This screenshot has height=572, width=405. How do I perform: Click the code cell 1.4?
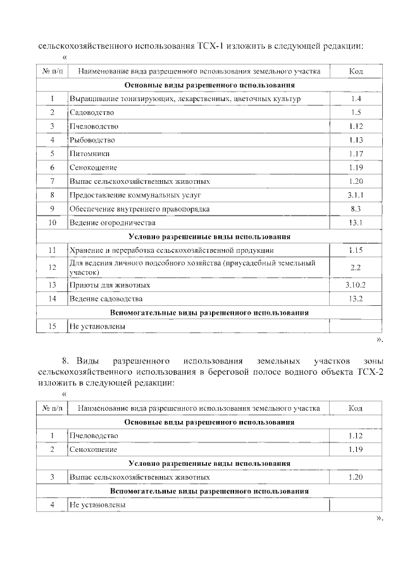tap(356, 99)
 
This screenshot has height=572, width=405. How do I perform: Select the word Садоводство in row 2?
tap(92, 113)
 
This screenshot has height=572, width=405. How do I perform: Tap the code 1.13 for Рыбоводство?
tap(356, 140)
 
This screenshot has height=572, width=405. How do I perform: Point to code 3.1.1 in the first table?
tap(356, 195)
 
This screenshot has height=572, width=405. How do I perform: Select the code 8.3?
tap(356, 209)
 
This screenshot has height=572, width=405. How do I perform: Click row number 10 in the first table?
tap(53, 222)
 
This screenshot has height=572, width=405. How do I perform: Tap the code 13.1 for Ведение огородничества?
tap(356, 222)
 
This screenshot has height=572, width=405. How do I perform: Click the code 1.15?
tap(356, 250)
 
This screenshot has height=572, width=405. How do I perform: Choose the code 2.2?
tap(356, 267)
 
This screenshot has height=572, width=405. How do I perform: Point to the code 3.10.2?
tap(356, 285)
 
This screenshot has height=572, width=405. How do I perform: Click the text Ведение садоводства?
tap(106, 298)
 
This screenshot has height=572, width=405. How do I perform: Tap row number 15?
tap(53, 326)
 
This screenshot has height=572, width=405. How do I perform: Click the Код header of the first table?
tap(356, 71)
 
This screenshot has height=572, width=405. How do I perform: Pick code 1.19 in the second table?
tap(356, 449)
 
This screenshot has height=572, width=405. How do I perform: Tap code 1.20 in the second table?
tap(356, 477)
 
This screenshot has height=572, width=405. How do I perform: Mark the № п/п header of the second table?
tap(53, 408)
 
